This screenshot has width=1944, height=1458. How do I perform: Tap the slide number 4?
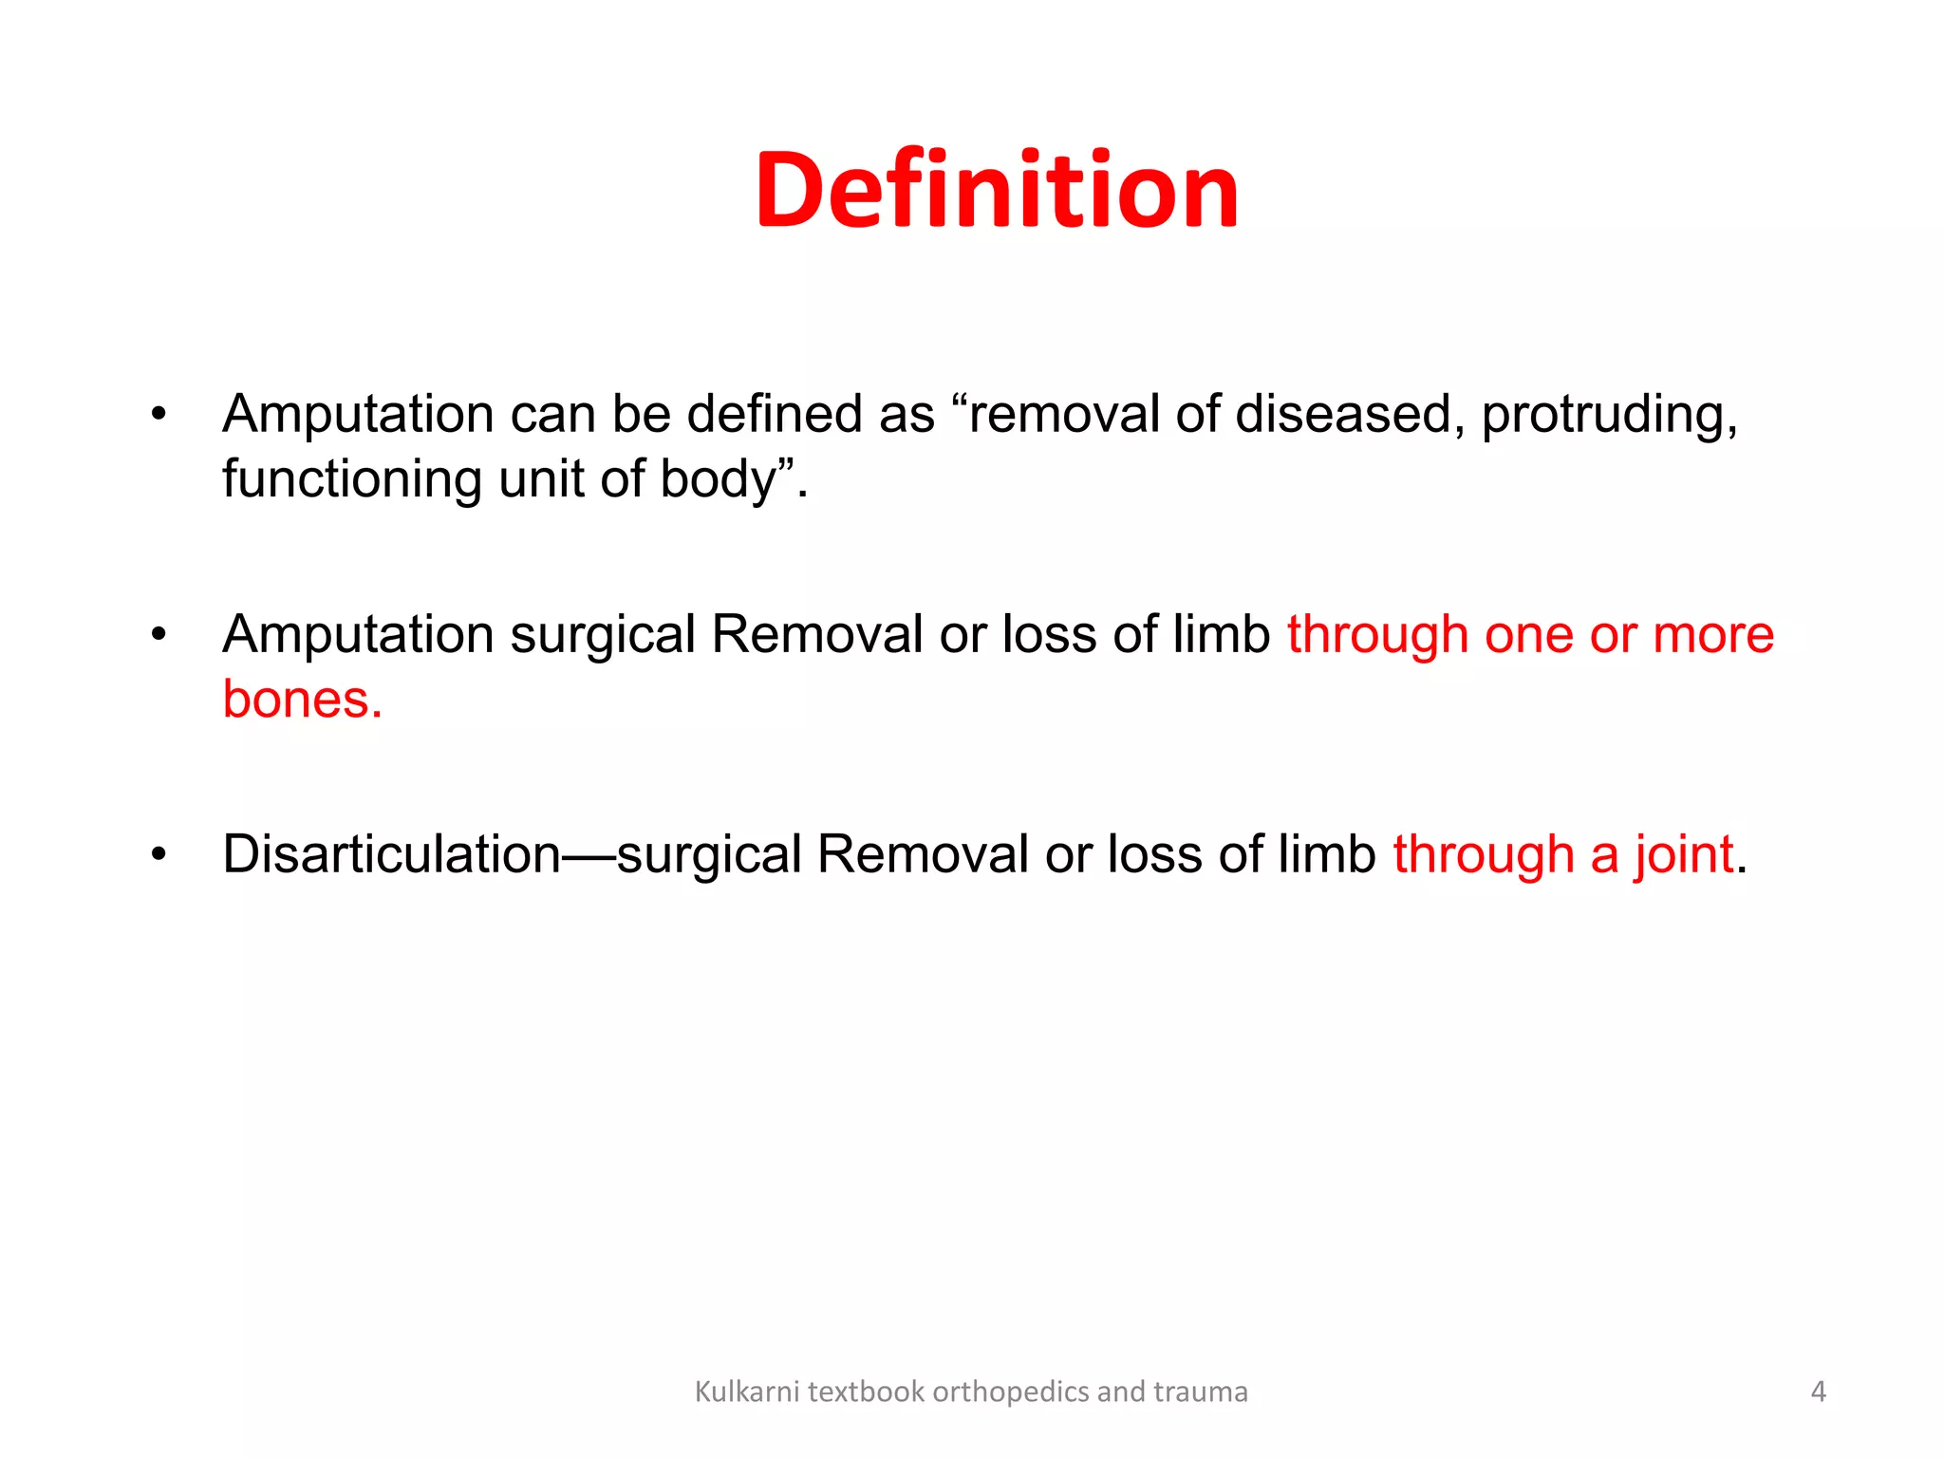click(1818, 1392)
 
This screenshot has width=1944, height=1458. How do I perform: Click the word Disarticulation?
click(391, 854)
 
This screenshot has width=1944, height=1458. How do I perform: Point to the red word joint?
click(1684, 854)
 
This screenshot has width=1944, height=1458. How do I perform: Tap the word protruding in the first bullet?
click(1608, 415)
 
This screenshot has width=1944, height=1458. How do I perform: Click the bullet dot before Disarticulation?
click(159, 854)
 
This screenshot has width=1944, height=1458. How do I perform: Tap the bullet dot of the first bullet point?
click(159, 415)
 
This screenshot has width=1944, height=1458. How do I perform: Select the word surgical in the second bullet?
click(603, 634)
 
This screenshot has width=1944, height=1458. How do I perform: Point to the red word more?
click(1713, 634)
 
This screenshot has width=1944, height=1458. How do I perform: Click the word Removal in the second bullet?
click(816, 634)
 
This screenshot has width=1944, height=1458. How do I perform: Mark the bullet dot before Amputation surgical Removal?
click(159, 634)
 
